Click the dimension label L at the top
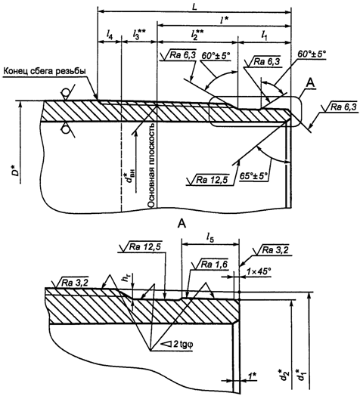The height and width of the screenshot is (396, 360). click(194, 7)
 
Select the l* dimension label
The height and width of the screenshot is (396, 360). click(223, 20)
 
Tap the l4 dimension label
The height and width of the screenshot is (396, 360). click(109, 33)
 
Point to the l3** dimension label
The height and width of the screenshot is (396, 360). click(138, 33)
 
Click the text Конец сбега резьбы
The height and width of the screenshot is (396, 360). click(45, 71)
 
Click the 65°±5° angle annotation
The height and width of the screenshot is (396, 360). click(253, 176)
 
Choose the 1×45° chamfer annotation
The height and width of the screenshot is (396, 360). click(259, 272)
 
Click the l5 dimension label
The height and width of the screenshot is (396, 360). click(209, 237)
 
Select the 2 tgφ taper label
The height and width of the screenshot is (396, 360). click(180, 344)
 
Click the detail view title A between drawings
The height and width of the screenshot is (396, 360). click(182, 224)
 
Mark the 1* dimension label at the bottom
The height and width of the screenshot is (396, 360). click(252, 376)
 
